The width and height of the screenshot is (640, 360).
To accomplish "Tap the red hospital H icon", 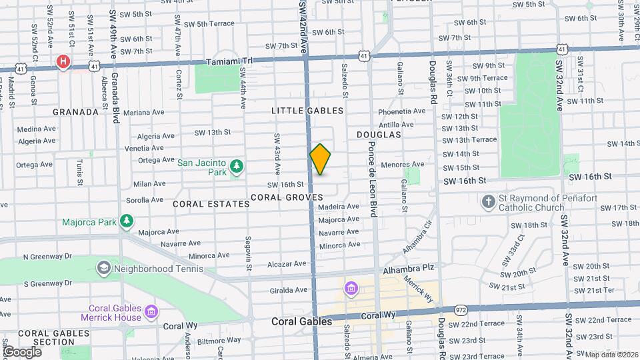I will [63, 62].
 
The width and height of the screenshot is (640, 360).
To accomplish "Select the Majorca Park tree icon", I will [126, 221].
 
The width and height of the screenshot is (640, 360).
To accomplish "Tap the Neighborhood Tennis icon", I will [103, 268].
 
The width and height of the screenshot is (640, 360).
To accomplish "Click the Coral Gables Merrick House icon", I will [151, 312].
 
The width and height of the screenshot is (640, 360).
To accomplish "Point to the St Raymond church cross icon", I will [489, 201].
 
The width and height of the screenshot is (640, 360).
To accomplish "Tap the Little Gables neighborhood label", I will [307, 111].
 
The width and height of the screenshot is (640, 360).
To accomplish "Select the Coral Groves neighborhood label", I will [287, 197].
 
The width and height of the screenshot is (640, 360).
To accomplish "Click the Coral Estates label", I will [211, 204].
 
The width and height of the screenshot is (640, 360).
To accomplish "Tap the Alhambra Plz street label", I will [408, 267].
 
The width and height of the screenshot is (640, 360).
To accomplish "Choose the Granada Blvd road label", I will [115, 91].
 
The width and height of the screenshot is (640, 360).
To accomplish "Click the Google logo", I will [22, 351].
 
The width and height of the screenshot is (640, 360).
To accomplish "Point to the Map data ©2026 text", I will [608, 354].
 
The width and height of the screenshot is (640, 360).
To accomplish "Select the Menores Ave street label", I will [402, 164].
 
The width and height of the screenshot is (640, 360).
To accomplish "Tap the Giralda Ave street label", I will [289, 290].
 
